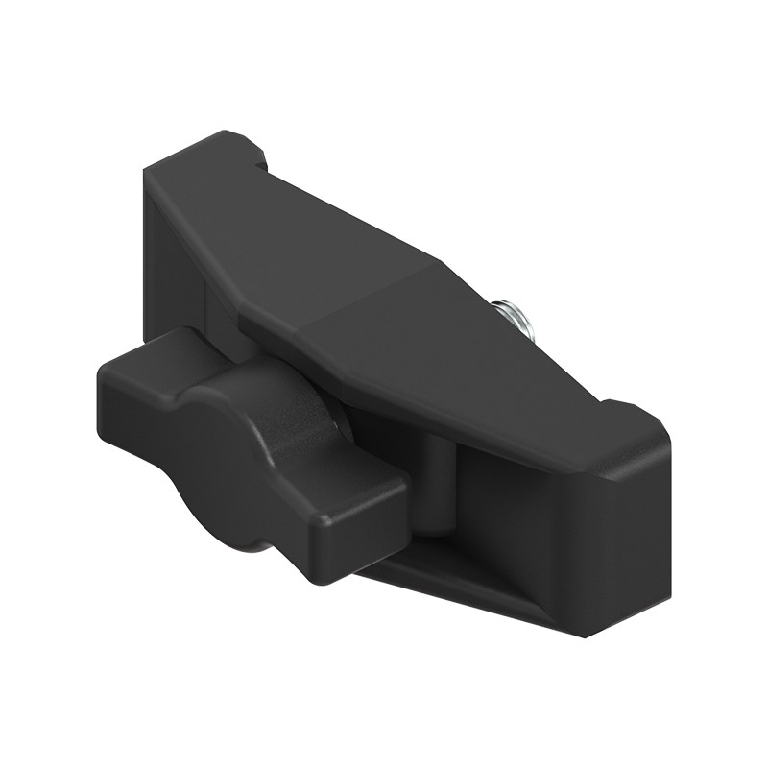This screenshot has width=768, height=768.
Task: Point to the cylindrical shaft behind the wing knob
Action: click(x=437, y=480)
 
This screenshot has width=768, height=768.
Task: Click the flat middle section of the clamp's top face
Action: click(x=384, y=317)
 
